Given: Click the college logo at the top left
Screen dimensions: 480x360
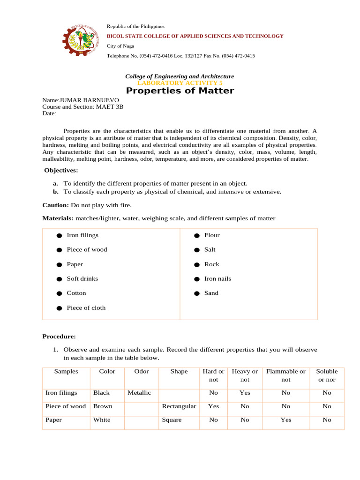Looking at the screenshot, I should pyautogui.click(x=81, y=41).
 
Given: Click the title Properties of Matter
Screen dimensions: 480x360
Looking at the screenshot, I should pyautogui.click(x=180, y=91).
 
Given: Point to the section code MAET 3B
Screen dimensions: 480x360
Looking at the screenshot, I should pyautogui.click(x=110, y=106).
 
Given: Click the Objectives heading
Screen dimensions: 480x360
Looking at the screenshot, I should pyautogui.click(x=61, y=170).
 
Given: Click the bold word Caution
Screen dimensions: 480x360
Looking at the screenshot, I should pyautogui.click(x=55, y=205).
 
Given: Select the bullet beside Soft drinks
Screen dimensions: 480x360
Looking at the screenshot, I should pyautogui.click(x=59, y=279).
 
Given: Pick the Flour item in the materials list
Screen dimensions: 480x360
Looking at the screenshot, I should pyautogui.click(x=212, y=235).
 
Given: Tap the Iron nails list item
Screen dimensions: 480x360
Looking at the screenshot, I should pyautogui.click(x=217, y=279).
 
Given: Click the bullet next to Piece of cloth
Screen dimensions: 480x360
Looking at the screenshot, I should pyautogui.click(x=59, y=308).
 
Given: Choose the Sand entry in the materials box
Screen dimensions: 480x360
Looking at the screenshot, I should pyautogui.click(x=211, y=293).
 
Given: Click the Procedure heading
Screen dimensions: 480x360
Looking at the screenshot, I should pyautogui.click(x=59, y=337).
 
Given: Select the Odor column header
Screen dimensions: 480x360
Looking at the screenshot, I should pyautogui.click(x=142, y=372).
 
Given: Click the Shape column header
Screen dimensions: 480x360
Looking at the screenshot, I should pyautogui.click(x=179, y=372).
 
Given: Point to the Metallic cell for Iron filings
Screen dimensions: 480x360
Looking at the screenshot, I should pyautogui.click(x=139, y=393).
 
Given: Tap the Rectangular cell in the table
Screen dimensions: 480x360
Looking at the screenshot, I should pyautogui.click(x=179, y=406).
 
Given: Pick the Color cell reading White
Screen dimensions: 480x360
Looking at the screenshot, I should pyautogui.click(x=102, y=420).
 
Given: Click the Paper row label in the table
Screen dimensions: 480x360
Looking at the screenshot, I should pyautogui.click(x=53, y=420).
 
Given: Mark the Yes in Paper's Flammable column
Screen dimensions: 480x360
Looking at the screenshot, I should pyautogui.click(x=286, y=420).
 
